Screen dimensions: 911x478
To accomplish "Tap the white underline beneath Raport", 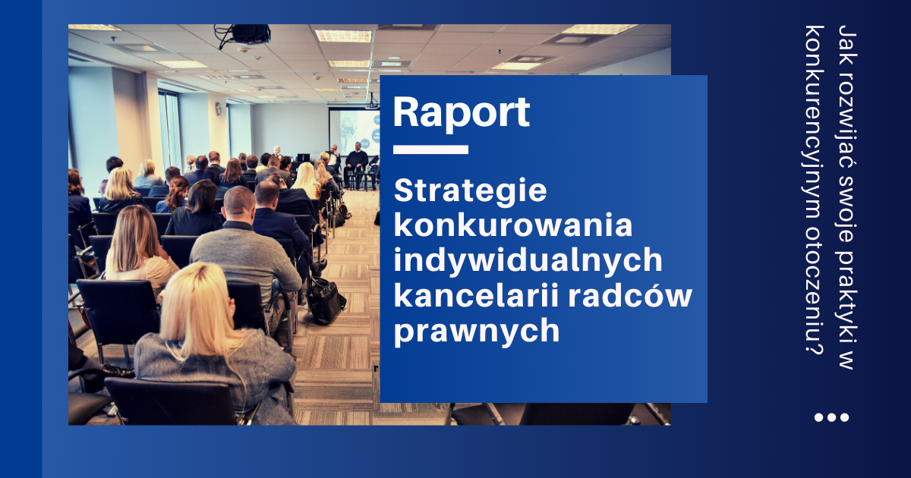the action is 430,149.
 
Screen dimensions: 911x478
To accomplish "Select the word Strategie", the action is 470,192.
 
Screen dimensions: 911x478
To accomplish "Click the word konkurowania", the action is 513,225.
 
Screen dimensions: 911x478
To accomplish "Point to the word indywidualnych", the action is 528,261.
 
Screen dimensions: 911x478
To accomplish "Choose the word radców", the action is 630,295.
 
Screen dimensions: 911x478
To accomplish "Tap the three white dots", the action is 832,417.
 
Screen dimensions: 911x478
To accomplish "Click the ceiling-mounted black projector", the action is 249,34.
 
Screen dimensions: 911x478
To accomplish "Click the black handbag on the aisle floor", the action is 325,300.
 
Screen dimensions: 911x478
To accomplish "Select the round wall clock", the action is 219,108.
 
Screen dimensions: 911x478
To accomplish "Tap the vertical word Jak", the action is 848,42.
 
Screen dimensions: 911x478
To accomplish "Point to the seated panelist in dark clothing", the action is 356,162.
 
